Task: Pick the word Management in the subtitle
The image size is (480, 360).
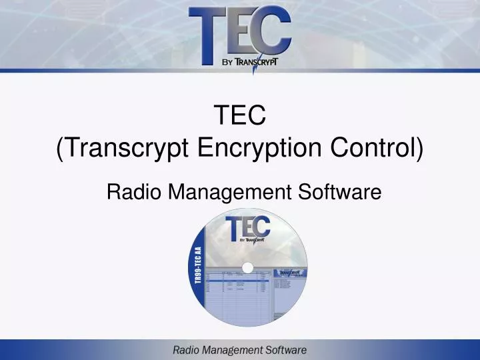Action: point(227,193)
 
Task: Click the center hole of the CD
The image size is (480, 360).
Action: point(247,268)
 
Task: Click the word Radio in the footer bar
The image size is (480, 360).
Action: point(187,349)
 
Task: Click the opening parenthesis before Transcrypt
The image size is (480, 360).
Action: point(61,148)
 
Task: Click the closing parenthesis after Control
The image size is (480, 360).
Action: point(420,148)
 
